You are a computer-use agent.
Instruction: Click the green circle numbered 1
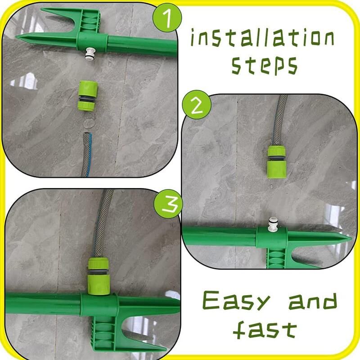coord(167,18)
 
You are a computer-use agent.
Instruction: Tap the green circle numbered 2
coord(197,105)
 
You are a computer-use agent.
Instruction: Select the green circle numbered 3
coord(168,204)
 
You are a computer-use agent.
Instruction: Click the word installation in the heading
coord(262,38)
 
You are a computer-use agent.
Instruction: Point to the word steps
coord(265,65)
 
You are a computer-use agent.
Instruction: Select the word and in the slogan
coord(313,301)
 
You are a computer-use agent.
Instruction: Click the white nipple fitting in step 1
coord(90,54)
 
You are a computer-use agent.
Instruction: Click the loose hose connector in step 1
coord(87,96)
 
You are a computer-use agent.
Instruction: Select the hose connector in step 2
coord(276,162)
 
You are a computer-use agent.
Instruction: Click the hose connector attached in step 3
coord(99,276)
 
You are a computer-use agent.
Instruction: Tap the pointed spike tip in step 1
coord(17,37)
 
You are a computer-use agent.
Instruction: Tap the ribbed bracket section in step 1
coord(89,22)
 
